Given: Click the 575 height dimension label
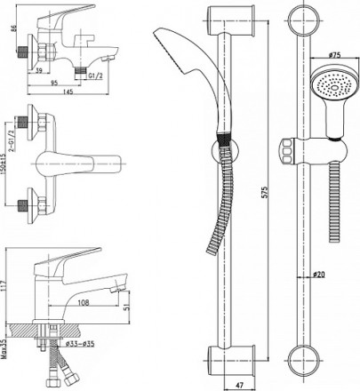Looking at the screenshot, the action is point(266,192).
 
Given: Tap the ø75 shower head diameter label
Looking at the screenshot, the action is point(334,54).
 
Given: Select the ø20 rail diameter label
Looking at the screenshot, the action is point(319,275).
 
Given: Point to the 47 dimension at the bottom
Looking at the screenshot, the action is point(240,386).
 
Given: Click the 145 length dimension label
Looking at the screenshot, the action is point(68,92).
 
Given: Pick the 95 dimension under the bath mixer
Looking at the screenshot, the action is point(54,83).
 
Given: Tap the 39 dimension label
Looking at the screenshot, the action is point(39,70).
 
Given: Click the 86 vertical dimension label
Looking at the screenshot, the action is point(13,28).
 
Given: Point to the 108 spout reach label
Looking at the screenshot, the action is point(84,302).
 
